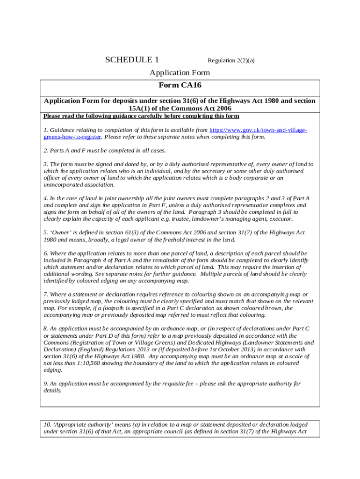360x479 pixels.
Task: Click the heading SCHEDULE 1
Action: (132, 60)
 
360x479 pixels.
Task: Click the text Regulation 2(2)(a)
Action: (231, 61)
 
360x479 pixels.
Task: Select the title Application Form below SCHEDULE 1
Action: (180, 73)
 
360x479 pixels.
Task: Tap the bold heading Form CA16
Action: (180, 85)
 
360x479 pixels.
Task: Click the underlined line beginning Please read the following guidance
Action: (141, 116)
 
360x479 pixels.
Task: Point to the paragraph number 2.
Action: (45, 151)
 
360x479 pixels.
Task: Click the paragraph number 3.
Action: (45, 164)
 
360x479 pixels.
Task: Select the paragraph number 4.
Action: (45, 198)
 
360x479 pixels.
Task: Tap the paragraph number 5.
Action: (45, 232)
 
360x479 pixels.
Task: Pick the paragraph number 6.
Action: (45, 253)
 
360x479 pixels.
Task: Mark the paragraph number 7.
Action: (45, 294)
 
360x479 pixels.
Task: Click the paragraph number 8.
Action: (45, 329)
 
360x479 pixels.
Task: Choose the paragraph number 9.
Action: (45, 384)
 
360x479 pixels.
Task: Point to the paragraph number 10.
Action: (47, 425)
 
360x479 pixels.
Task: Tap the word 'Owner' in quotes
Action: (62, 232)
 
